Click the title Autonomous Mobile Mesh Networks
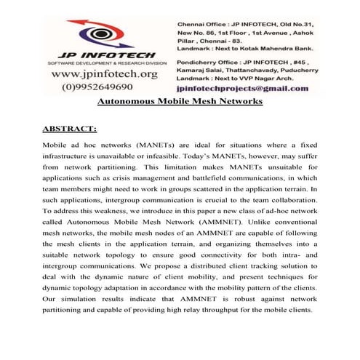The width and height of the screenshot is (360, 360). [180, 102]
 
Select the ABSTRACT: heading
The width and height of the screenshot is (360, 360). [70, 129]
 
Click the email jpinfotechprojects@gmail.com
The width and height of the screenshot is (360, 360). [243, 85]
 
